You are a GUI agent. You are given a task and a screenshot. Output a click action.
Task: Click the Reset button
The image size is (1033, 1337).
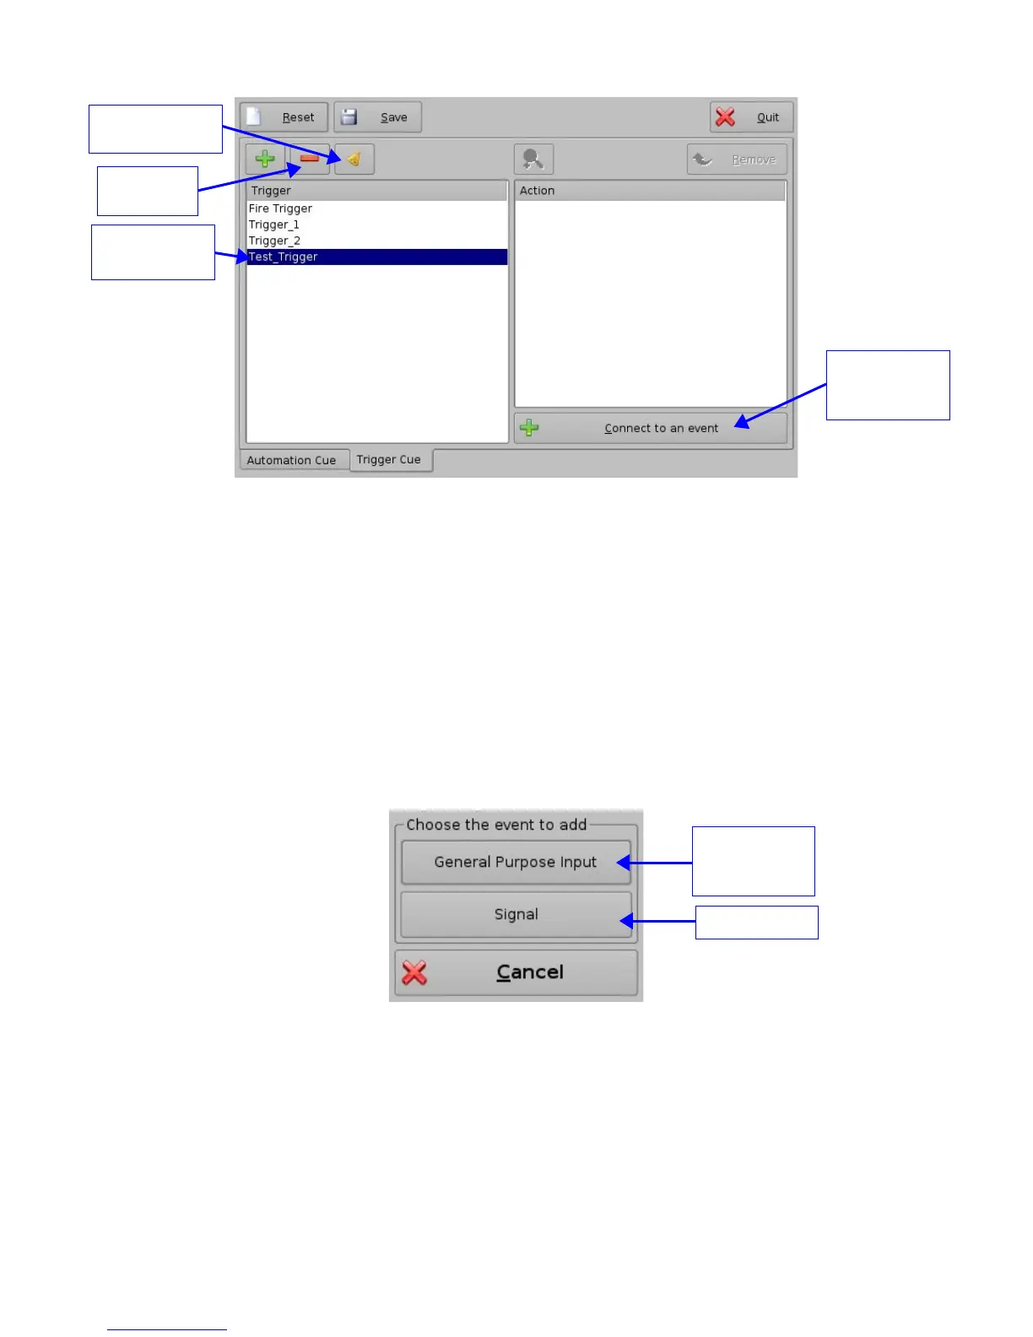(284, 117)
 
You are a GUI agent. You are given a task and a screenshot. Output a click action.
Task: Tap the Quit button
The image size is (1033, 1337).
(751, 117)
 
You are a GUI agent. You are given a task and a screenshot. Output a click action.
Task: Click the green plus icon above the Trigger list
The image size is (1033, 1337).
(265, 159)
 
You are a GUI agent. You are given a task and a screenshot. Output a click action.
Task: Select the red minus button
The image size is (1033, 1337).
(310, 159)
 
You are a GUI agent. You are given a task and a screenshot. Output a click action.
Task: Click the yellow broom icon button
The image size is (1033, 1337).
(354, 159)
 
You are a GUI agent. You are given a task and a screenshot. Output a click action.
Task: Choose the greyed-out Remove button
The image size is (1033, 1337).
(737, 160)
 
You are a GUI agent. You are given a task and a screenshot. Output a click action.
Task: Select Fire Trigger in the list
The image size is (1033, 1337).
(280, 208)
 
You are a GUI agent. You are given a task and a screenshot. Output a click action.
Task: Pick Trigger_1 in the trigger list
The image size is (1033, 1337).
(274, 225)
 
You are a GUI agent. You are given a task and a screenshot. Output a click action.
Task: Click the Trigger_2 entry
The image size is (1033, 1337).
(274, 241)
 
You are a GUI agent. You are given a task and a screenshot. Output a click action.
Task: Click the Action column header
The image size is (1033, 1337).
(650, 191)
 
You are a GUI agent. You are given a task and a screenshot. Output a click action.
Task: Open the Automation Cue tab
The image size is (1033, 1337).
(292, 460)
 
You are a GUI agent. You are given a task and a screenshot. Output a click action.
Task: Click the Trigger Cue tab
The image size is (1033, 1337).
(389, 459)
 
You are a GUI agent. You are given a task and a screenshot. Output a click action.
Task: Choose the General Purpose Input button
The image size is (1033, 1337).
(516, 862)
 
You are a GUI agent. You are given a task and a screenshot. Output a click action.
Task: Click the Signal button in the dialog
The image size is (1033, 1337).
(516, 914)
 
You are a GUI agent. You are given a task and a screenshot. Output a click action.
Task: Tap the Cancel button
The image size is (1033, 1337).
(516, 972)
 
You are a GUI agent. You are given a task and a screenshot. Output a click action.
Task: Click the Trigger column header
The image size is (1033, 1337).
(376, 191)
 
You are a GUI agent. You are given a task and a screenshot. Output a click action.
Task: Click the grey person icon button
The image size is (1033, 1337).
(533, 159)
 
